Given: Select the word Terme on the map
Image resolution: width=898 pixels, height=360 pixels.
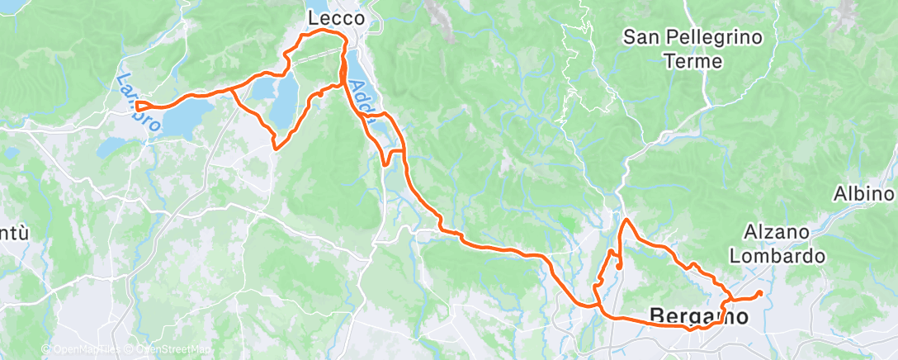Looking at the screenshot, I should click(x=693, y=61).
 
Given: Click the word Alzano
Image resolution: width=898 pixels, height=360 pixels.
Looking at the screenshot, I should click(x=773, y=233).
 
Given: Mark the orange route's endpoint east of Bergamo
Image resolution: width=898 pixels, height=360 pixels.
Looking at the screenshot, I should click(x=759, y=292).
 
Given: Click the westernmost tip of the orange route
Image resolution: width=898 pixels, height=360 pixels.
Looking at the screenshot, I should click(x=137, y=105).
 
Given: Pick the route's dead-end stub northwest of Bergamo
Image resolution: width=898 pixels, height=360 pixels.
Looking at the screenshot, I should click(x=618, y=267).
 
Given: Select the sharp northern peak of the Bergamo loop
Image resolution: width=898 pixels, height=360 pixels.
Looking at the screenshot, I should click(x=626, y=220).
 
